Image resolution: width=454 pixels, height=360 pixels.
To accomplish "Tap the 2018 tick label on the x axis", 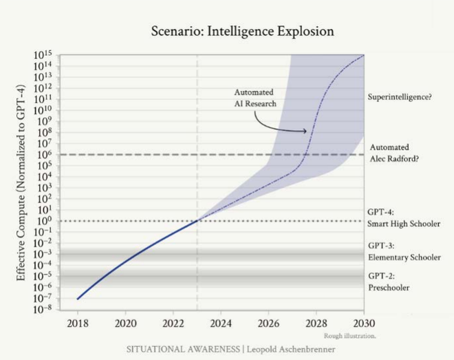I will pos(78,322).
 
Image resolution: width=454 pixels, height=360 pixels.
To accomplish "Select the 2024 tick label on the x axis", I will pos(221,322).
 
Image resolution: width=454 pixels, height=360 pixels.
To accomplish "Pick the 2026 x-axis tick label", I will pos(269,322).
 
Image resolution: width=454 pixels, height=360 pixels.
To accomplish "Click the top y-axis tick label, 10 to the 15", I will pos(46,54).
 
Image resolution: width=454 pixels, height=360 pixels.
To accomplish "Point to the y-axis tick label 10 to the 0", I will pos(47,220).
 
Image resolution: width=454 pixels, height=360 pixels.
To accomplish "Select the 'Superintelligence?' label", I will pos(400,98).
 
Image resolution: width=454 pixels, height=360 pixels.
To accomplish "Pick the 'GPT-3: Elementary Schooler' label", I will pos(404,251).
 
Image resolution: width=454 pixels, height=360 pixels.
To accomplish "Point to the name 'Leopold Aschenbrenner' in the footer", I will pos(292,349).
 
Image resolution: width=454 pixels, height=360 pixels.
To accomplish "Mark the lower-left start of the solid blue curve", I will pos(78,299).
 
